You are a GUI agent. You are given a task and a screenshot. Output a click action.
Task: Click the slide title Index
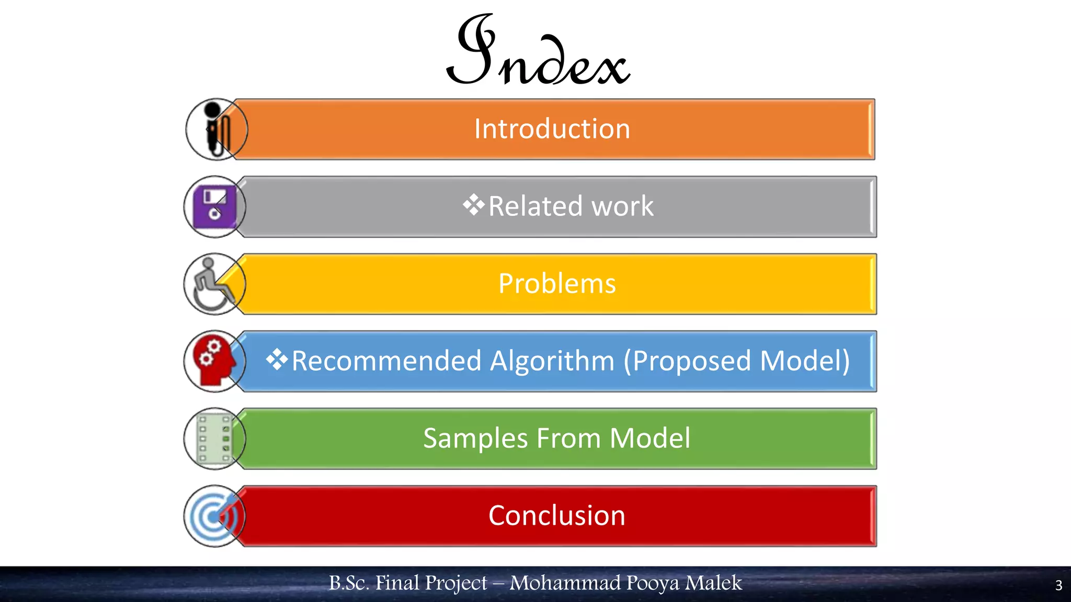click(538, 52)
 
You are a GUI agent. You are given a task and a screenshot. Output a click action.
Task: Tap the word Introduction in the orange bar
click(552, 129)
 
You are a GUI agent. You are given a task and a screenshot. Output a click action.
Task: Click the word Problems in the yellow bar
click(557, 284)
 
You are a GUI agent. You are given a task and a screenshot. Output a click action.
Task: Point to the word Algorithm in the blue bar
click(552, 361)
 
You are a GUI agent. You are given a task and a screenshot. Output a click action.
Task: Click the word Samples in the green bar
click(475, 438)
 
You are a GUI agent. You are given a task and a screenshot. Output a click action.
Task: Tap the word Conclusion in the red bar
click(557, 516)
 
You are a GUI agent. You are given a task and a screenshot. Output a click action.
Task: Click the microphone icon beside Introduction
click(215, 129)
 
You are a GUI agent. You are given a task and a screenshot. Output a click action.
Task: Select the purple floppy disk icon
click(214, 207)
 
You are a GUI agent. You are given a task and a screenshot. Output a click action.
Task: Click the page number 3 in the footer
click(1058, 585)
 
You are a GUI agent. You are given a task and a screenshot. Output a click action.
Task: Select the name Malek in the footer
click(713, 583)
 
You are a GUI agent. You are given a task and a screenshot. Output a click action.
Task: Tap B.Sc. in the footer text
click(349, 583)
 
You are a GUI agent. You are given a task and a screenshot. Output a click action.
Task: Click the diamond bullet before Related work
click(473, 205)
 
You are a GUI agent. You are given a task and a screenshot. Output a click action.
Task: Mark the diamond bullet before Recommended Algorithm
click(277, 360)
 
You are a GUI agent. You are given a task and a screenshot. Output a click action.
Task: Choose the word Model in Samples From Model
click(650, 438)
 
